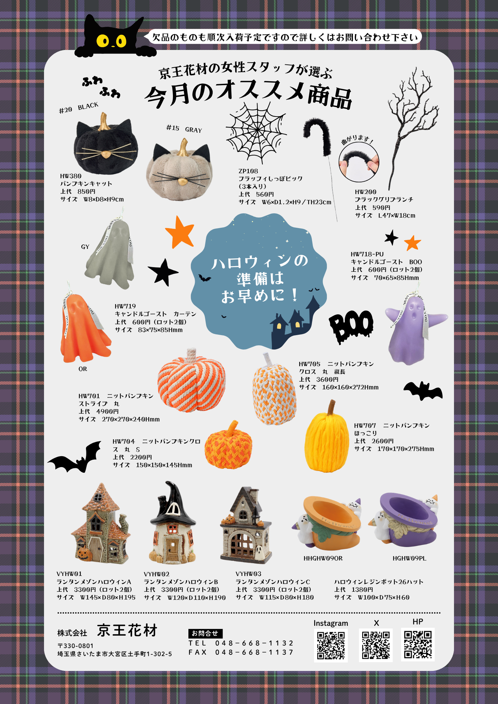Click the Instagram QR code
[x=331, y=646]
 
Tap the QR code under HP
[x=418, y=645]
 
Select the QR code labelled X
[x=376, y=645]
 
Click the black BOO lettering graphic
[x=351, y=326]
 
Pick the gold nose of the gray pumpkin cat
[x=182, y=181]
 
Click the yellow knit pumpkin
[x=327, y=438]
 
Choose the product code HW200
[x=366, y=192]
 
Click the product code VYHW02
[x=157, y=574]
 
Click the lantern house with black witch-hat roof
[x=173, y=523]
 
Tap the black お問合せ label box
[x=205, y=634]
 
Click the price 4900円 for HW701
[x=107, y=411]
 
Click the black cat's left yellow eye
[x=103, y=41]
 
